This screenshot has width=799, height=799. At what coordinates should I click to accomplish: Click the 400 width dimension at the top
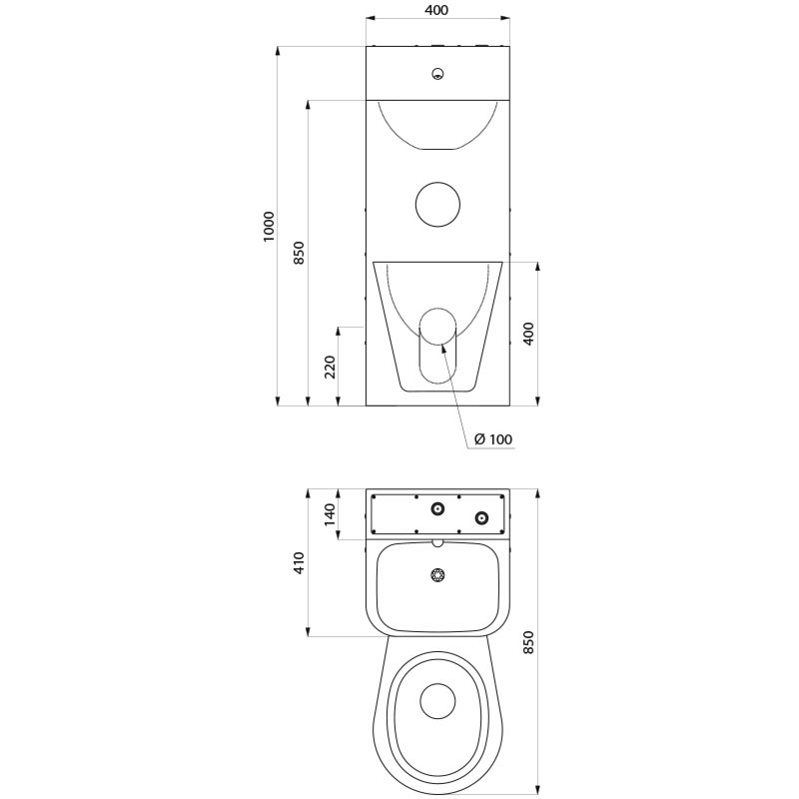[x=436, y=10]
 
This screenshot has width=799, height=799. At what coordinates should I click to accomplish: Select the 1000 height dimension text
[x=268, y=227]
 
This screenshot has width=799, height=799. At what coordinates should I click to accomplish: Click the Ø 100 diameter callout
[x=494, y=439]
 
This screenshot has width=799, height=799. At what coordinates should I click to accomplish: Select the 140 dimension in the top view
[x=329, y=514]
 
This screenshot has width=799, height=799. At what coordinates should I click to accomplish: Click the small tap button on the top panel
[x=436, y=73]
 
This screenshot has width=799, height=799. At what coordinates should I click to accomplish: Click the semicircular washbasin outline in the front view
[x=436, y=124]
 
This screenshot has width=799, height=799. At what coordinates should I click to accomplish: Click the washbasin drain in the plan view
[x=436, y=575]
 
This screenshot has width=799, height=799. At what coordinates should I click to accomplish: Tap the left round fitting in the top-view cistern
[x=436, y=510]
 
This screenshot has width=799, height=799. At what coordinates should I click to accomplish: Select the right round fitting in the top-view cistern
[x=482, y=517]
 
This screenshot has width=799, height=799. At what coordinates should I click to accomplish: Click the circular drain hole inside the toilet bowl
[x=436, y=701]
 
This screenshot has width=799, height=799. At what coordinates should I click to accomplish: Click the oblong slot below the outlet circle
[x=436, y=364]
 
